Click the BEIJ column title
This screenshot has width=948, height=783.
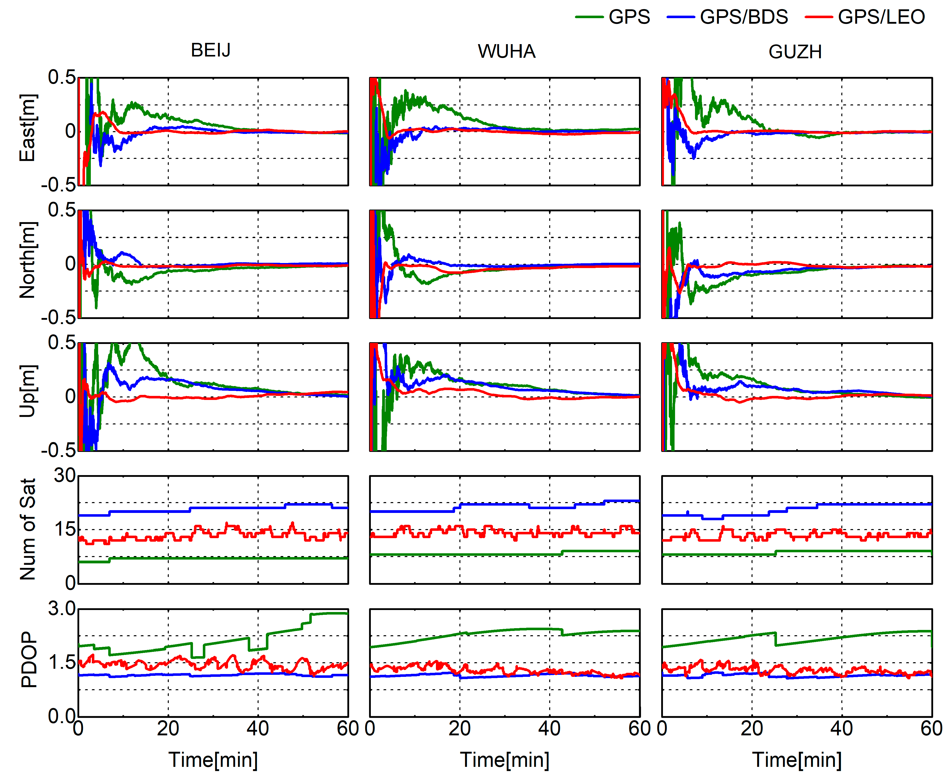(x=210, y=50)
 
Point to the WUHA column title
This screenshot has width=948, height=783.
(x=506, y=51)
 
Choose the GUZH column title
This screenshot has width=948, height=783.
(x=795, y=52)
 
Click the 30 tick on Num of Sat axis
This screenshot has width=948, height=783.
(x=65, y=475)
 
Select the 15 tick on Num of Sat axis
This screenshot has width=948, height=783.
(x=65, y=529)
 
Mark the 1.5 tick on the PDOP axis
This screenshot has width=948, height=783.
(x=62, y=662)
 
